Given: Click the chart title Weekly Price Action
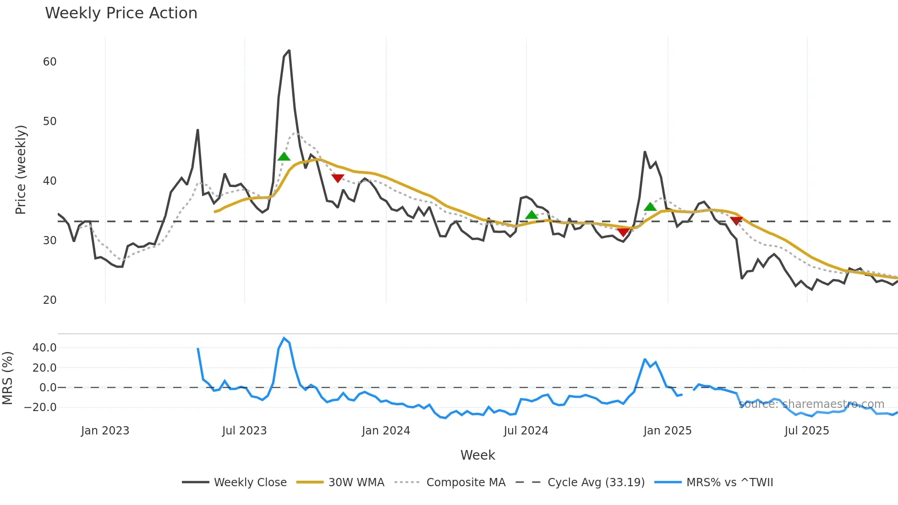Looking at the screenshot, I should pos(121,13).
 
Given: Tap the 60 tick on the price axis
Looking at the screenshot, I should pos(49,62).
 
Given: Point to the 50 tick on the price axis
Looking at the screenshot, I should pos(49,121).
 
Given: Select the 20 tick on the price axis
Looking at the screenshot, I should pos(49,300).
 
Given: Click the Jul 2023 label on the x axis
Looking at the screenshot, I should pos(244,431).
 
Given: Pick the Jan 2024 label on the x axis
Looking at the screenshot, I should pos(386,431).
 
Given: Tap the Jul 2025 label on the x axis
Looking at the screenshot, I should pos(806,431).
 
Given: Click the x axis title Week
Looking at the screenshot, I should pos(477,455).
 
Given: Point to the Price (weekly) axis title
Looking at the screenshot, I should pos(21,170).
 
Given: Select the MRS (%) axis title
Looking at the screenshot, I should pos(7,378).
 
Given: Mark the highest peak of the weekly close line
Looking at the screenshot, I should pos(289,50).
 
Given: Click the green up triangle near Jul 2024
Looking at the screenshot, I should pos(531,215).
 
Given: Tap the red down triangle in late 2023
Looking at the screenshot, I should pos(338,178).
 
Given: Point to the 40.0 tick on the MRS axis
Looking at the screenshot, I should pos(44,348).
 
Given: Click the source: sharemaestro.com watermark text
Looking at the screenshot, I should pos(811,404).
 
